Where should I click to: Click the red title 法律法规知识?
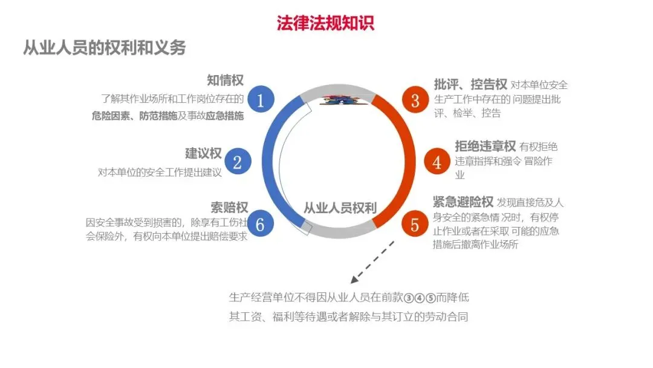[x=325, y=22]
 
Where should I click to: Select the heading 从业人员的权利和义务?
[x=104, y=48]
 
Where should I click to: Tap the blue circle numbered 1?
[x=261, y=100]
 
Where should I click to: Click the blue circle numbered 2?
[x=238, y=162]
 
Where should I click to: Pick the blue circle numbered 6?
[x=260, y=224]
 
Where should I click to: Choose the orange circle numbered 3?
[x=415, y=100]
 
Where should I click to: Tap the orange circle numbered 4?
[x=437, y=162]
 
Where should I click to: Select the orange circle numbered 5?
[x=415, y=224]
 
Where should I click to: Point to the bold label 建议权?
[x=203, y=154]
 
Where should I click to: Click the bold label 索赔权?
[x=229, y=208]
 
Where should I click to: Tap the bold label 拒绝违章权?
[x=485, y=146]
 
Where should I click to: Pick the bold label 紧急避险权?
[x=463, y=202]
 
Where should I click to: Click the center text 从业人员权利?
[x=340, y=208]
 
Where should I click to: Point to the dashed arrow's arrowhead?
[x=354, y=280]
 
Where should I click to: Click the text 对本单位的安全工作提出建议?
[x=160, y=172]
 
